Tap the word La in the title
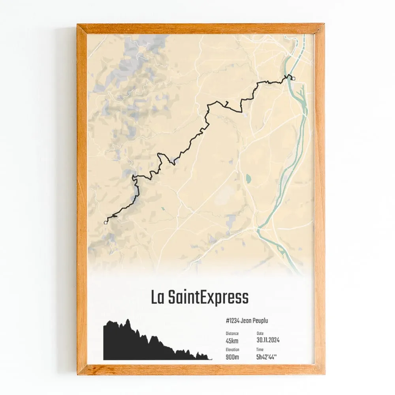(x=158, y=297)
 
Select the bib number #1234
(x=235, y=321)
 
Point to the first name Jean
(x=251, y=321)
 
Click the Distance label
(x=232, y=333)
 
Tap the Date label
(x=260, y=333)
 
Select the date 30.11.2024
(x=268, y=340)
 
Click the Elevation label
(x=233, y=350)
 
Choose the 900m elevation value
(x=233, y=357)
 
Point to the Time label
(x=260, y=350)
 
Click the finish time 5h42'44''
(x=267, y=357)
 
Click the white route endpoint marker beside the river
(x=293, y=78)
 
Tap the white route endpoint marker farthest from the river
(x=105, y=223)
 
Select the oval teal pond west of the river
(x=248, y=179)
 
